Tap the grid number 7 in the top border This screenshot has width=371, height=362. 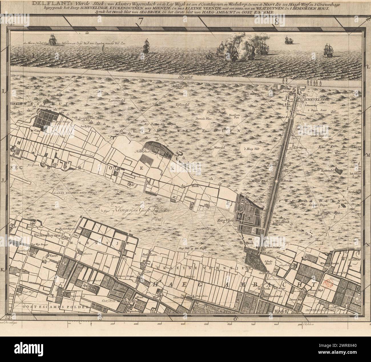(140, 21)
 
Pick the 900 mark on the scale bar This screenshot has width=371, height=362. (300, 324)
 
